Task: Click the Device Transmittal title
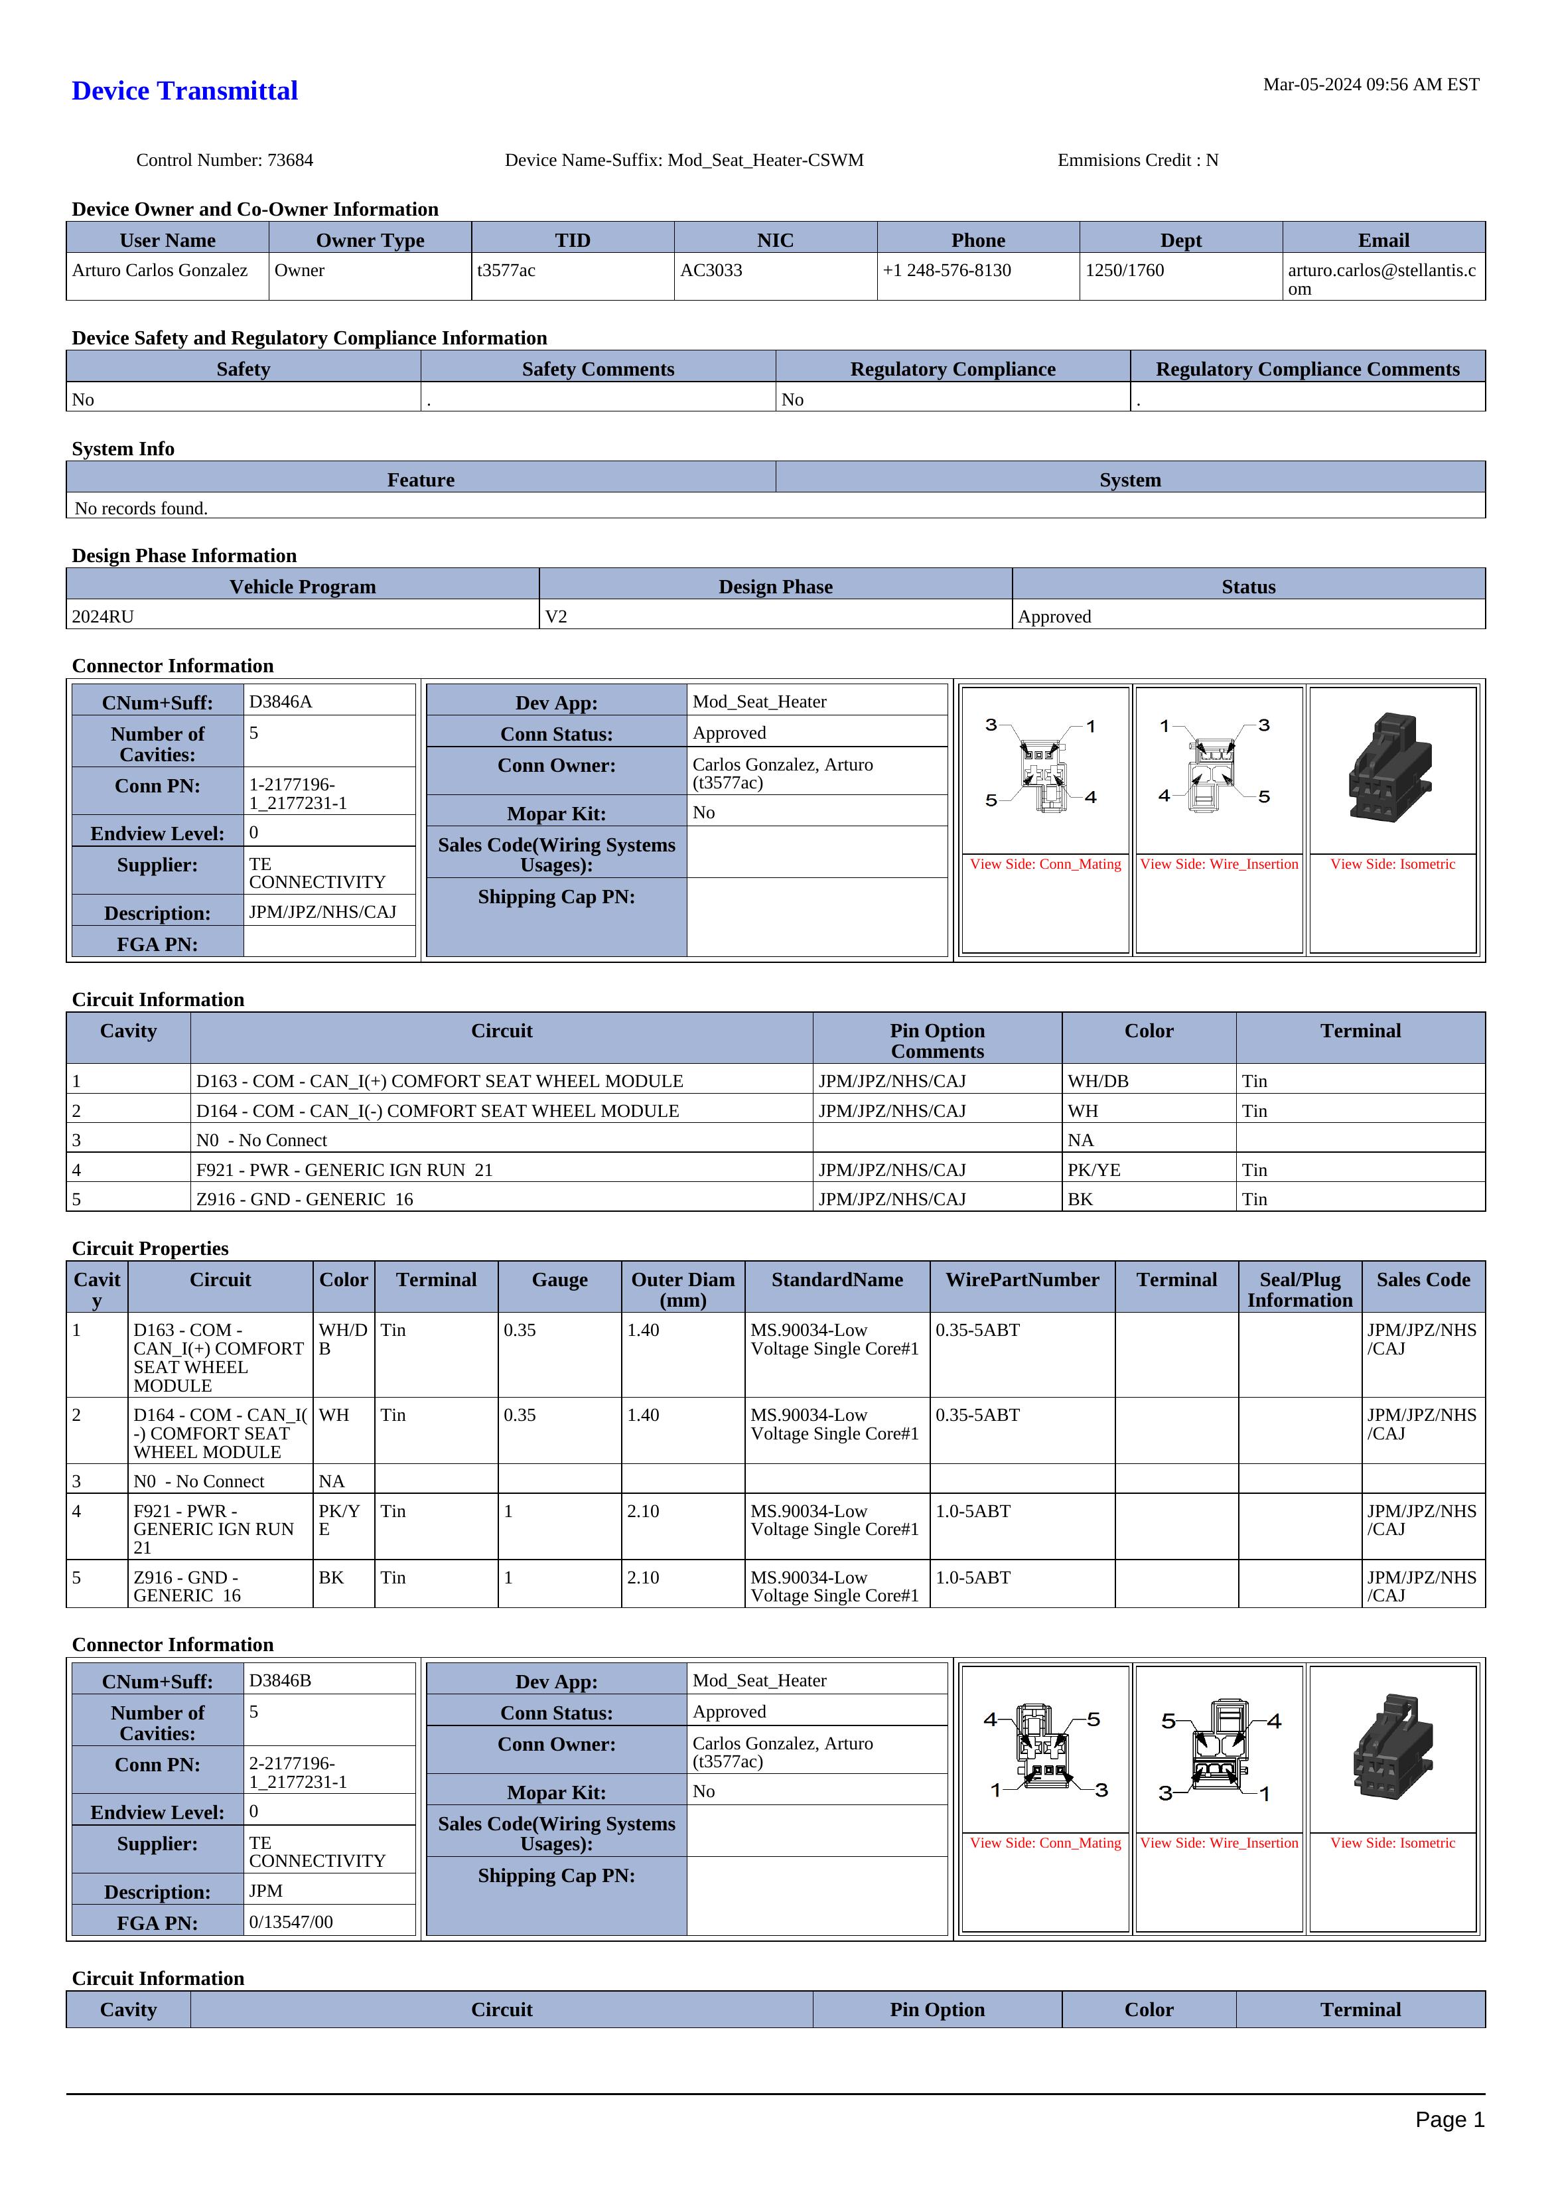184,91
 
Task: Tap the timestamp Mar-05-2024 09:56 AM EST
1370,84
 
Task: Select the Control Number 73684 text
224,159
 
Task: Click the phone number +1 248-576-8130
946,270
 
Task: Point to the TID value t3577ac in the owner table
506,270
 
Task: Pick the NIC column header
775,240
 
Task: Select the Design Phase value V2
556,617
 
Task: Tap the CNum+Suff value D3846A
281,701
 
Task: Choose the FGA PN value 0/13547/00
291,1922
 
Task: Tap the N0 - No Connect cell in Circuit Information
262,1140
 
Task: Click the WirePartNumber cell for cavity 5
973,1577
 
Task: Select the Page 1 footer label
1448,2120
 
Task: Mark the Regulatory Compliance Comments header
1306,369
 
